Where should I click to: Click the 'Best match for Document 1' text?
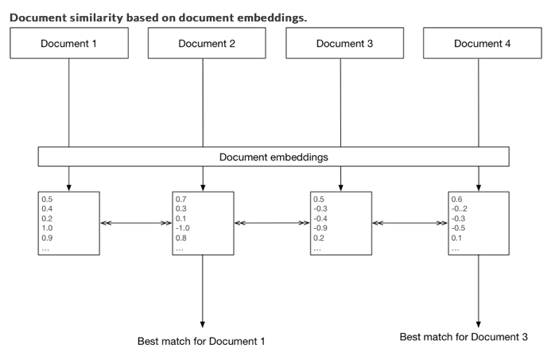pyautogui.click(x=202, y=341)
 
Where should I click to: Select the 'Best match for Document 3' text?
pyautogui.click(x=474, y=338)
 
